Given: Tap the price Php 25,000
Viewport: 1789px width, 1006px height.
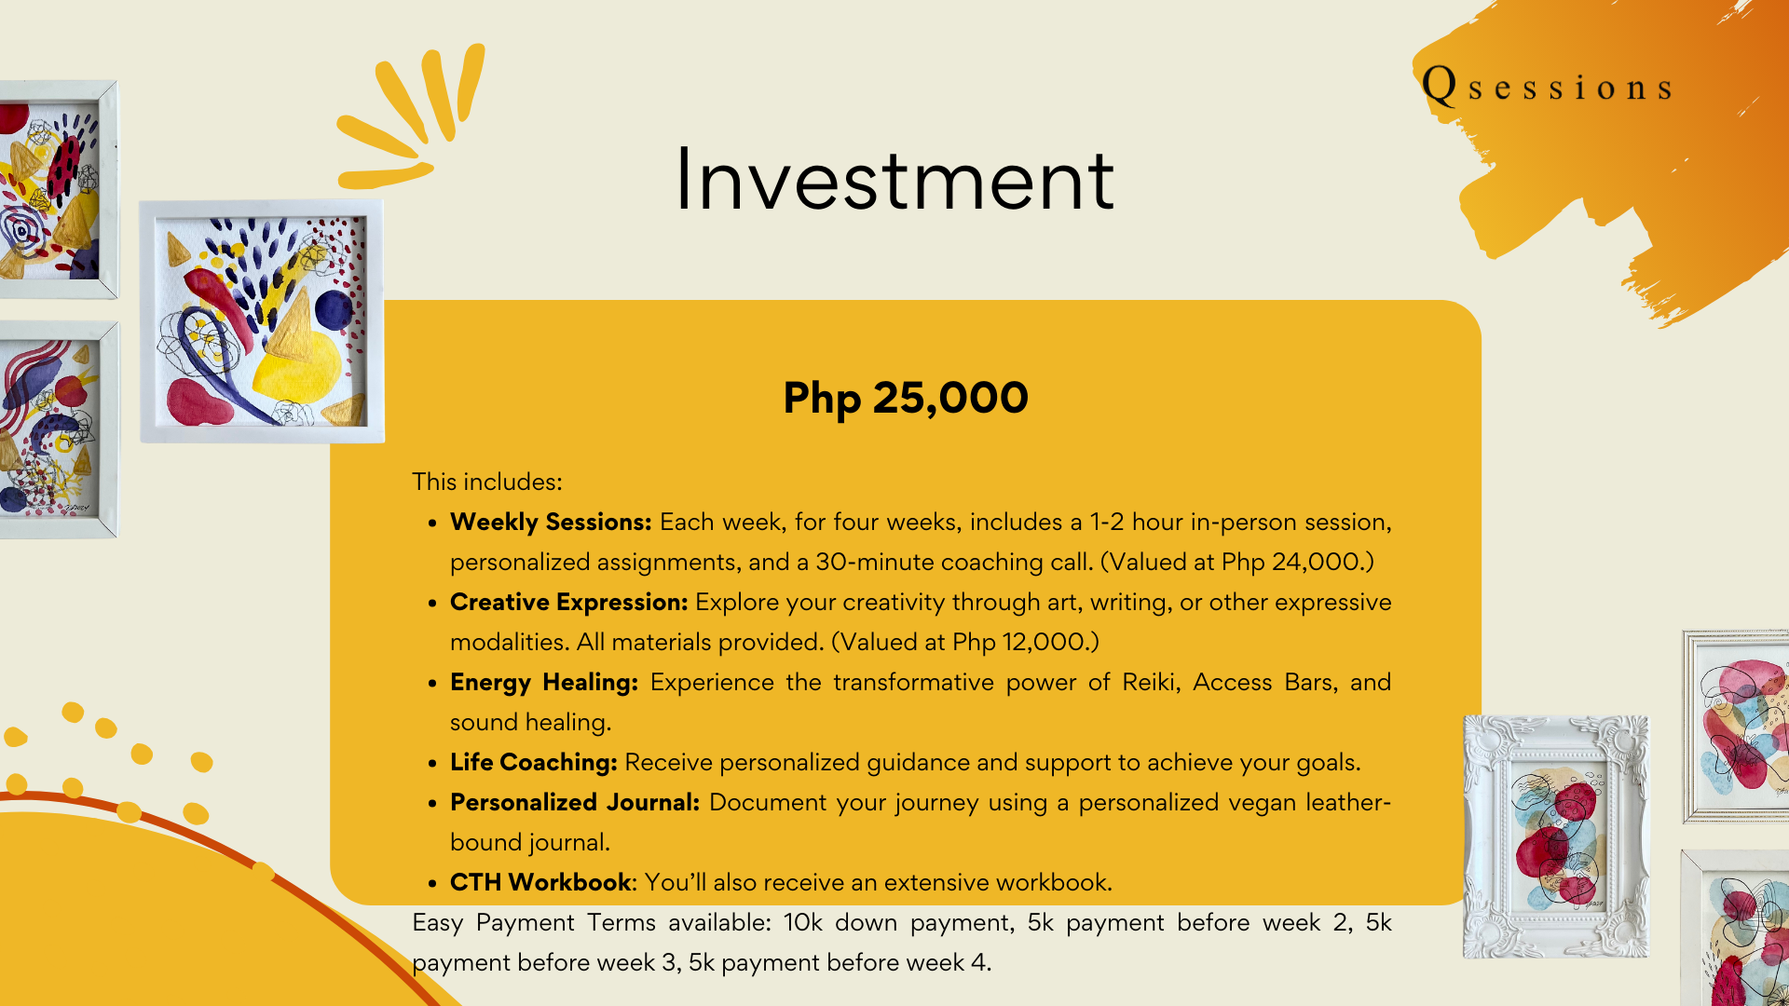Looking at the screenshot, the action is click(906, 399).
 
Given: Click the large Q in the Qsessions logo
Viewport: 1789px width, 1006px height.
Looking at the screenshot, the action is click(1440, 86).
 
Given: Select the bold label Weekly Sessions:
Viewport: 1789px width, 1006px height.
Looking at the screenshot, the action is click(551, 523).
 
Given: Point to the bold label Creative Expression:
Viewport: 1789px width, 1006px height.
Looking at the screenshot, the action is click(568, 603).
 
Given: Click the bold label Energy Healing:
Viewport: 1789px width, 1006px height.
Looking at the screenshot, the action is click(544, 683).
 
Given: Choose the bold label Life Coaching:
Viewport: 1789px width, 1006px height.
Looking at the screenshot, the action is click(533, 763).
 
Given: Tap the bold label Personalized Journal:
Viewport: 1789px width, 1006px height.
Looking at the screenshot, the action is click(575, 803).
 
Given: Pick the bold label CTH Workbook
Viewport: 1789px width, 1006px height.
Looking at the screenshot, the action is click(541, 882).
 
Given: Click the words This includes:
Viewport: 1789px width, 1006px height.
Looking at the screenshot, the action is click(487, 482).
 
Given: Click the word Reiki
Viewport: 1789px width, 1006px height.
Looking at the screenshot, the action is click(1152, 683).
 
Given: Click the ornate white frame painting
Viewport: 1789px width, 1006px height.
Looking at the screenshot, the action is click(1555, 836).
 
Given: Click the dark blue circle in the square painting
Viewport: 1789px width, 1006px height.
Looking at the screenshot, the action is click(334, 310).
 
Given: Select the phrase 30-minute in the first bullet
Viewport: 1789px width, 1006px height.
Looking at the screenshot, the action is click(875, 563).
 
